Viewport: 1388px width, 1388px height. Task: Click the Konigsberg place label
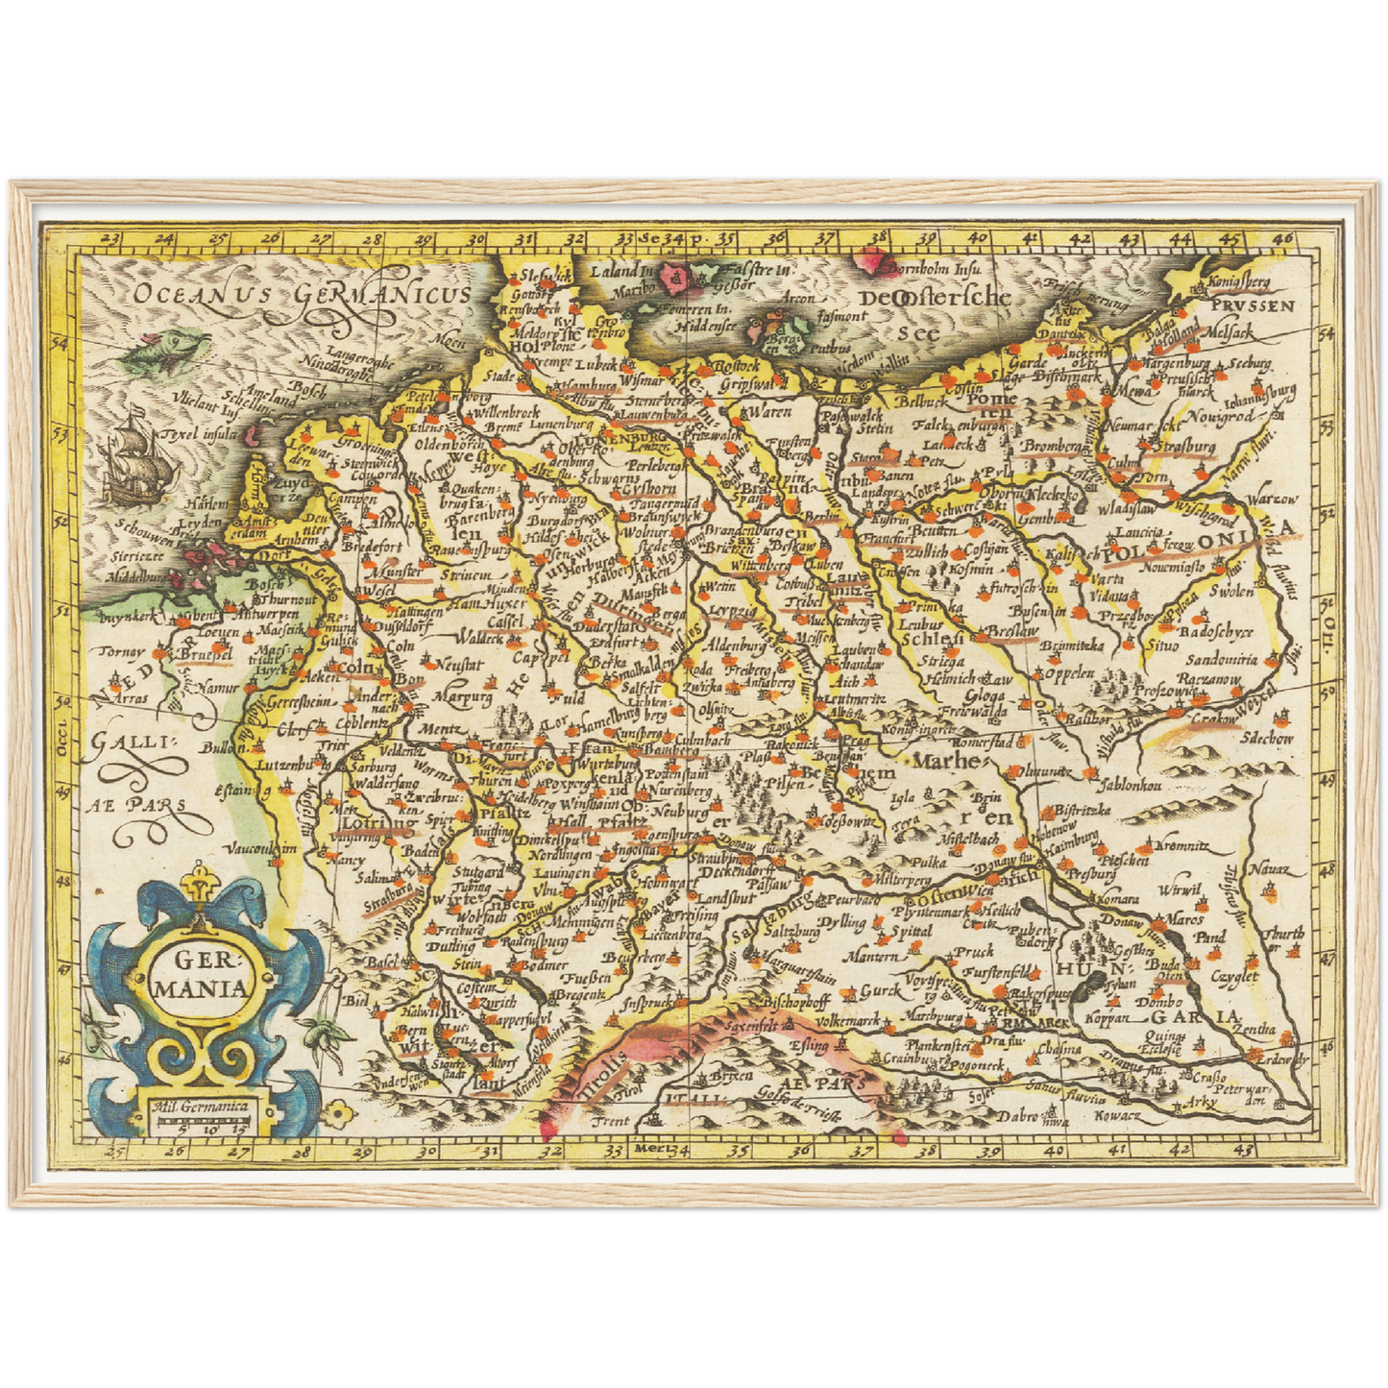click(x=1238, y=284)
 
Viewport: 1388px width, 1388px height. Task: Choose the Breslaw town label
click(x=1012, y=631)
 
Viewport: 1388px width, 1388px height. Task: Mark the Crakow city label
click(x=1213, y=718)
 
